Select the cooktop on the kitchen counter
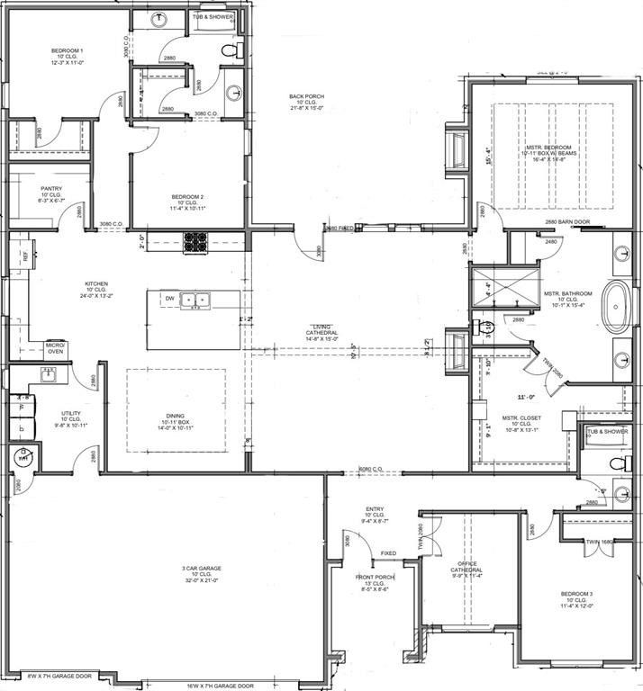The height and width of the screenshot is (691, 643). (196, 241)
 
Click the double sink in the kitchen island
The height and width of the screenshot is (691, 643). (195, 301)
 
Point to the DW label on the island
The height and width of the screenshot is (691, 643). (168, 298)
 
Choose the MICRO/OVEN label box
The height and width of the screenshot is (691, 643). (56, 349)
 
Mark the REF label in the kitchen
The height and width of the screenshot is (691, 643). (24, 256)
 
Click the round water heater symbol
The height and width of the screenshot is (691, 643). (23, 457)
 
